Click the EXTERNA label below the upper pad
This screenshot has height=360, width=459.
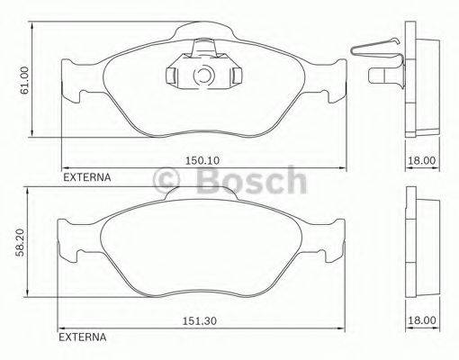86,177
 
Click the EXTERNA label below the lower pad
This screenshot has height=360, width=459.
82,339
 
